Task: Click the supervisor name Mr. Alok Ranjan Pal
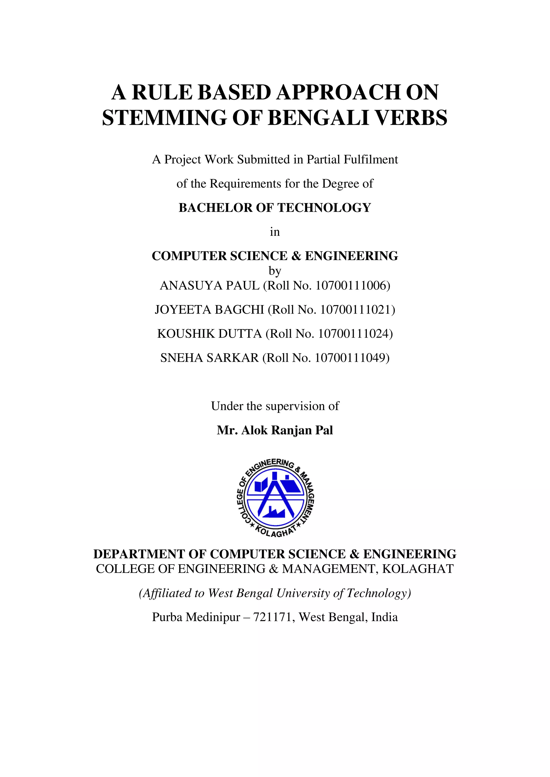click(x=275, y=430)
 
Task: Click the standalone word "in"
click(x=275, y=232)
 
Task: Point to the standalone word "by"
click(x=275, y=271)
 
